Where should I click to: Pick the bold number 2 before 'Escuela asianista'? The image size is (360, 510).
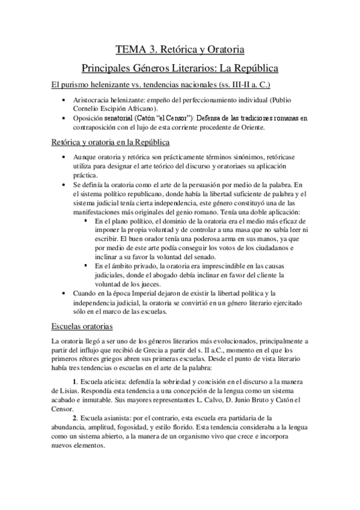click(x=74, y=418)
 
